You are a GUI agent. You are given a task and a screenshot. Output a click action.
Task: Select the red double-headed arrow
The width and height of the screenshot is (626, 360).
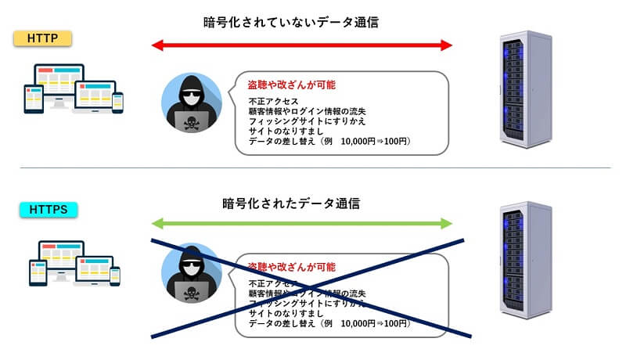tap(302, 46)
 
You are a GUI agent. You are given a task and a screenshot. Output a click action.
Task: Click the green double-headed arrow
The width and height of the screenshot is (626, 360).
tap(302, 225)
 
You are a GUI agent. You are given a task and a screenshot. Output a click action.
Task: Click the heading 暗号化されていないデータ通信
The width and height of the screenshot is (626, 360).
tap(290, 22)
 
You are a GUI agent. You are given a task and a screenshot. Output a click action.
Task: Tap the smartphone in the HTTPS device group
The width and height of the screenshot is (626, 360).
tap(117, 275)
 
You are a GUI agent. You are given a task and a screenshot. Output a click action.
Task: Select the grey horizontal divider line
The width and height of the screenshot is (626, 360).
tap(313, 167)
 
